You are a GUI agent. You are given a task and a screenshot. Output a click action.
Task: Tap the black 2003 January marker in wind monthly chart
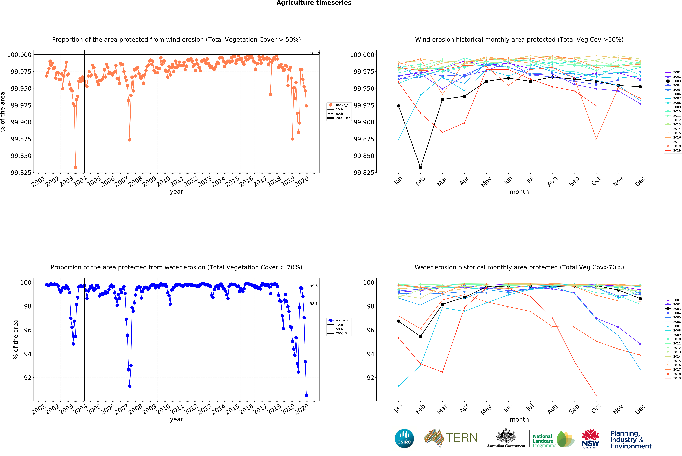398,106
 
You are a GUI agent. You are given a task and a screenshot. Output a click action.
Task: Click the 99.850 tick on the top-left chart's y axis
21,156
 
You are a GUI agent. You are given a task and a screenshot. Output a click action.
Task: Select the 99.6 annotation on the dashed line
314,286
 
